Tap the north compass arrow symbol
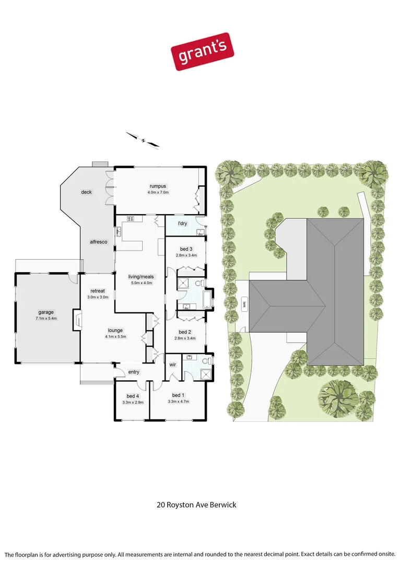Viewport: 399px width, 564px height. [x=143, y=139]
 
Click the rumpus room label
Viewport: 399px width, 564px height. [x=157, y=186]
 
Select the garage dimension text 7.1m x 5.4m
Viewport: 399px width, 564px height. [x=46, y=318]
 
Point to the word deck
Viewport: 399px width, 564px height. [x=86, y=192]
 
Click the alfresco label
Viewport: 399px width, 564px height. [x=98, y=242]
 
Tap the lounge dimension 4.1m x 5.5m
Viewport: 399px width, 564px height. [x=115, y=337]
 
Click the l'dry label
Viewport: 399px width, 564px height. [x=183, y=224]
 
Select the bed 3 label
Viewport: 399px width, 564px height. [x=185, y=249]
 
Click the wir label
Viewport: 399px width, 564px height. [x=173, y=365]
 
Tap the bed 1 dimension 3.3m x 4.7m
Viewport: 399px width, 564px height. [x=179, y=402]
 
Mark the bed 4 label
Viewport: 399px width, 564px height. [x=133, y=396]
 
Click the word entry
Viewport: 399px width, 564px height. [x=134, y=372]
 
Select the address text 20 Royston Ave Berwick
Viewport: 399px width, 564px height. [x=197, y=505]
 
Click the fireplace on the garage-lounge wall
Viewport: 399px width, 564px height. [x=77, y=319]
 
